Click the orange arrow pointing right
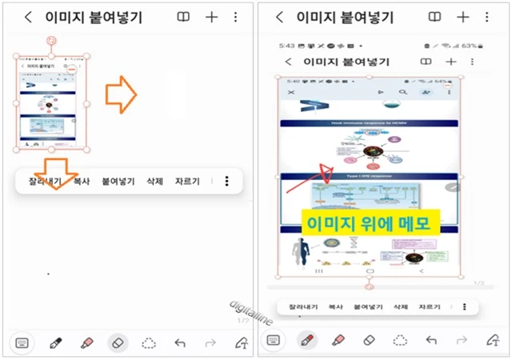[122, 94]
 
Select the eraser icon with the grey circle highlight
[118, 342]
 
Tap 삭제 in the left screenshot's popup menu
[154, 182]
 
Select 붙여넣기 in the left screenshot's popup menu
[118, 182]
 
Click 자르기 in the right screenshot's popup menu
[429, 306]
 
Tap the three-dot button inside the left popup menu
[227, 182]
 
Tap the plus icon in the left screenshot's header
[211, 17]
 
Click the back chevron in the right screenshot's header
[278, 17]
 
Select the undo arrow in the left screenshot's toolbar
[180, 342]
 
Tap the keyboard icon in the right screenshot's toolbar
[274, 340]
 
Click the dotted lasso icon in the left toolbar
[149, 342]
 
